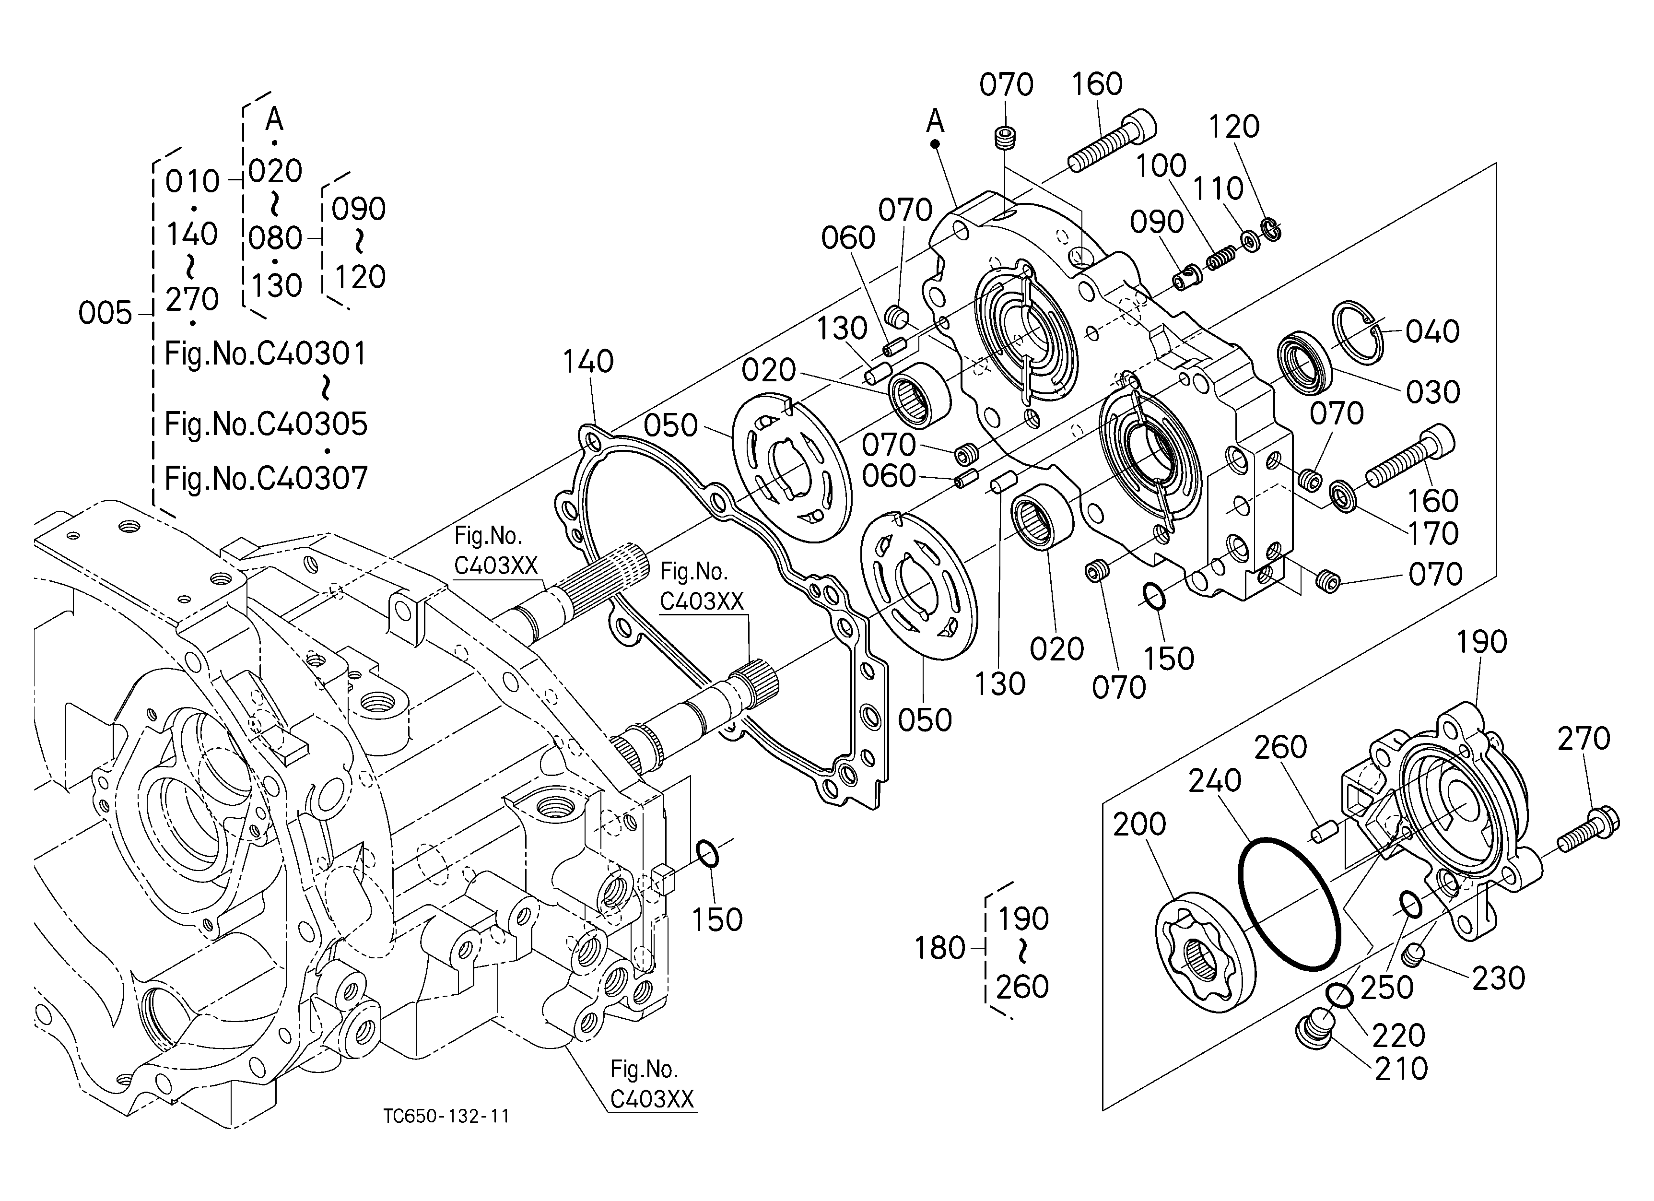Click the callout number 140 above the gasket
click(588, 362)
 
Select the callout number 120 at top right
click(1234, 127)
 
